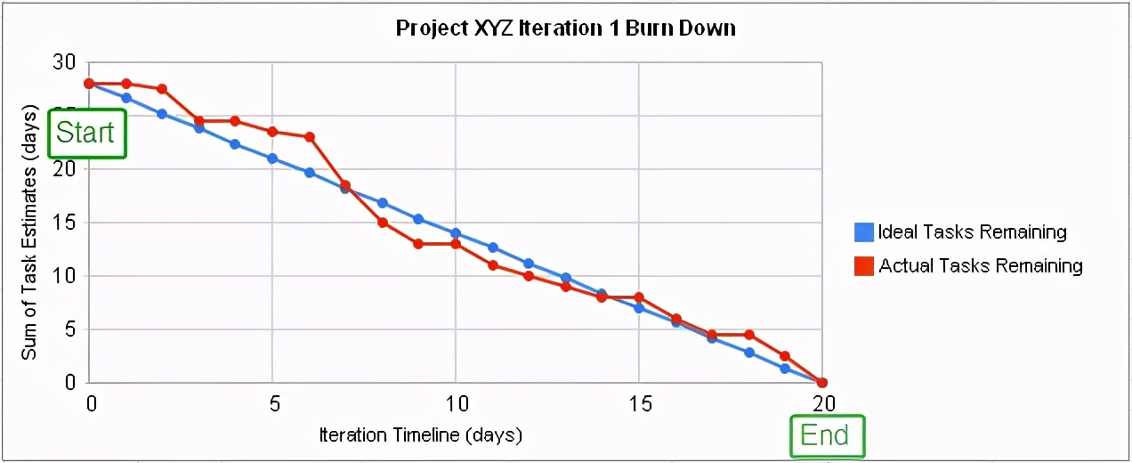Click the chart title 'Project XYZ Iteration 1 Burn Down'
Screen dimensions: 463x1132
pos(566,28)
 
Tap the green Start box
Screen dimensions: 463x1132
pos(86,133)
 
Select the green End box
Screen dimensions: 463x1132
pos(826,435)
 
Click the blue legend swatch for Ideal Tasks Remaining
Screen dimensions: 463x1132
pos(863,232)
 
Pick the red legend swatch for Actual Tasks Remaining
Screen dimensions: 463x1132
pos(863,265)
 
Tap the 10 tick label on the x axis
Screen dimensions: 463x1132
pos(455,403)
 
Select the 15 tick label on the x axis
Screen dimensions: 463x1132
pos(638,403)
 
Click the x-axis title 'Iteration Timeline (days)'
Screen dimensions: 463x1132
pos(420,436)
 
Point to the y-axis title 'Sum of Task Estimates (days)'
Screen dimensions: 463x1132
pos(29,233)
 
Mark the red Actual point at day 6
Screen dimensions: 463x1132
pos(309,137)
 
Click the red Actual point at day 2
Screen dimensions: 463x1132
pos(162,89)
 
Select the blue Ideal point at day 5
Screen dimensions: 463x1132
pos(272,158)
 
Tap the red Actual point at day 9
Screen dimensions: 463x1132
pos(418,244)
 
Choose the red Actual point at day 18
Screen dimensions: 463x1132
pos(749,335)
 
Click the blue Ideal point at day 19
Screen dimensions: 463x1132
pos(785,369)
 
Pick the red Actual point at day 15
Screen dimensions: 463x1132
pos(639,297)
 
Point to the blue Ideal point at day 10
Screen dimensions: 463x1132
pos(456,233)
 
